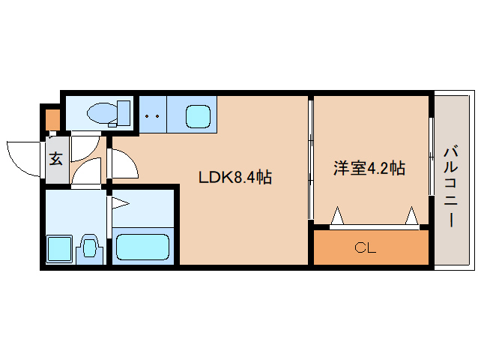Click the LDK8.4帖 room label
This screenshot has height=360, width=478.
234,178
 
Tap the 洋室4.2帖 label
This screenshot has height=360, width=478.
369,168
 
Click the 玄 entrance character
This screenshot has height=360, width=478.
56,158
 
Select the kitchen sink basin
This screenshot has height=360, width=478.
198,115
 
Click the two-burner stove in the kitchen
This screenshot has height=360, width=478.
153,115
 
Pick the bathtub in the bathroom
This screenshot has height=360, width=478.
142,246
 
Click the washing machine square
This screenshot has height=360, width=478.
58,249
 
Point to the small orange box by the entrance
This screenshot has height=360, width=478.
52,119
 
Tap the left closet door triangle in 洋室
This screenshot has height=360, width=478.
337,217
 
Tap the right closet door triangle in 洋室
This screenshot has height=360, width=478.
411,217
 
